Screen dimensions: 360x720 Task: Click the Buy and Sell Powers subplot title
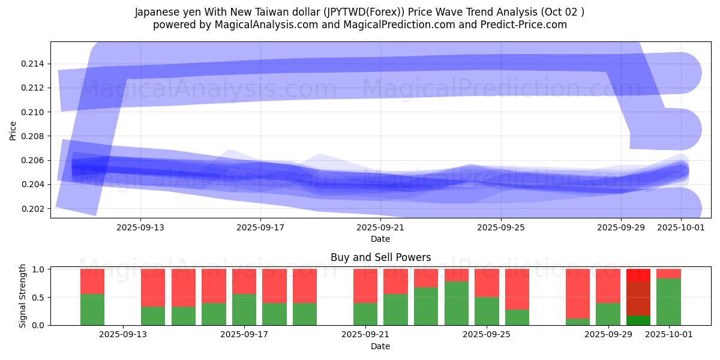tap(380, 257)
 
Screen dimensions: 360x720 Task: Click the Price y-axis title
tap(13, 130)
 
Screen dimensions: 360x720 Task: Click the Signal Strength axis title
tap(22, 296)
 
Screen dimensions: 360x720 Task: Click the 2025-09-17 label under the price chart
tap(260, 227)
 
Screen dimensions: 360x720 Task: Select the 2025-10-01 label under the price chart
tap(681, 227)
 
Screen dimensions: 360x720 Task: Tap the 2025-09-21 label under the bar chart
tap(365, 334)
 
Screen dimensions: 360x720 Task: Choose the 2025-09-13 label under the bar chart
tap(123, 334)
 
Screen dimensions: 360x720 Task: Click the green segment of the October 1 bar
tap(668, 302)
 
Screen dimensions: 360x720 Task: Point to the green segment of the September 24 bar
tap(457, 303)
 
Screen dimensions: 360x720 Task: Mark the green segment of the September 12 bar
tap(92, 310)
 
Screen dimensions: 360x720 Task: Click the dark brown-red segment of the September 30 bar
tap(638, 298)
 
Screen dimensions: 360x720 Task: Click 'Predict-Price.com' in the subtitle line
tap(526, 25)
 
